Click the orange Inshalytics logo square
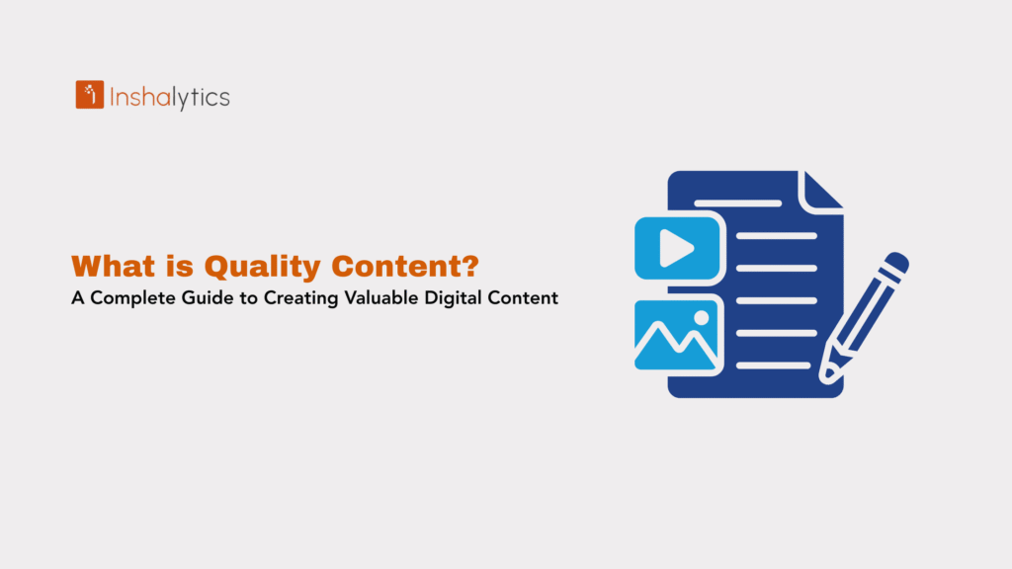click(90, 95)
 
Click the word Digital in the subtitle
click(458, 298)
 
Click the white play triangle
click(677, 248)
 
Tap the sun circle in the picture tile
click(702, 318)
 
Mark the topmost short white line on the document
click(737, 203)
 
